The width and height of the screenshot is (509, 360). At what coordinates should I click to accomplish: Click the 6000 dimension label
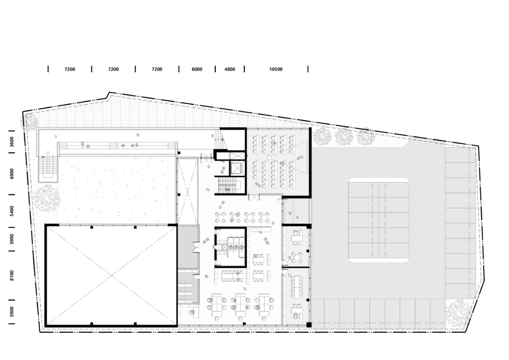pos(197,69)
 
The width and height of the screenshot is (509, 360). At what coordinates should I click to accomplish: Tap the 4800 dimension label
pos(230,69)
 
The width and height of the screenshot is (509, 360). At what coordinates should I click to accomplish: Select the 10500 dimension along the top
pos(275,69)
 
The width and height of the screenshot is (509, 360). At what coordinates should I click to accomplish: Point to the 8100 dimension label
pos(12,275)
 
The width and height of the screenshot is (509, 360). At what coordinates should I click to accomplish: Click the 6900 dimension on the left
pos(12,174)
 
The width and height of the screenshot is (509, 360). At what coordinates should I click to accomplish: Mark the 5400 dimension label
pos(12,211)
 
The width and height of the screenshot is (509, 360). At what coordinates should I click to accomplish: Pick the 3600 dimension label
pos(12,142)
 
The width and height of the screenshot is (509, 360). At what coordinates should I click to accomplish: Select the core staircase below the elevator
pos(229,185)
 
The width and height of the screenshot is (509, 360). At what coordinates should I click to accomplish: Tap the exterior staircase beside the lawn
pos(48,167)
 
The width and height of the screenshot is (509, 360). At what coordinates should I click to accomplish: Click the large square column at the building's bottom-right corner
pos(309,325)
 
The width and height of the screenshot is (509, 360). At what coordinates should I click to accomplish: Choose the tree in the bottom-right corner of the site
pos(457,313)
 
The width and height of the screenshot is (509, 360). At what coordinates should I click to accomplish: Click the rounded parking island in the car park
pos(378,220)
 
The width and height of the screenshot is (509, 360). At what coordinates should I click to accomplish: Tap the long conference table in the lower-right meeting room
pos(297,286)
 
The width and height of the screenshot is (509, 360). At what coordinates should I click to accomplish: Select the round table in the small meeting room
pos(297,258)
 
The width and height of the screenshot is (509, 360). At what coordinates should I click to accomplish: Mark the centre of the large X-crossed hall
pos(111,275)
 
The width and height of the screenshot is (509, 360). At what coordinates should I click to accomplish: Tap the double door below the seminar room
pos(254,197)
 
